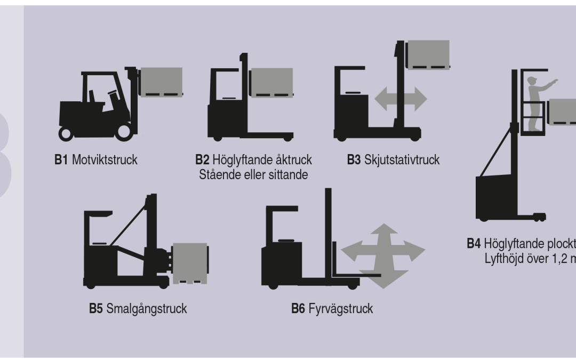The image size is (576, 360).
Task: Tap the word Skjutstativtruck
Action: [x=402, y=161]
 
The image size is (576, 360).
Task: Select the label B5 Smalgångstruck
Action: [x=138, y=309]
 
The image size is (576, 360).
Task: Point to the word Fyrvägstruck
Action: [x=340, y=309]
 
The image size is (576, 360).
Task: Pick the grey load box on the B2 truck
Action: [x=271, y=83]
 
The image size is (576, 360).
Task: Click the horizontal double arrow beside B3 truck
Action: [x=401, y=99]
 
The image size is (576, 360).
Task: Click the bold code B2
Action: [x=203, y=161]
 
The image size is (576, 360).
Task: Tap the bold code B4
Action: [x=474, y=243]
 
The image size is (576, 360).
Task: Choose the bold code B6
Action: [x=298, y=309]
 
